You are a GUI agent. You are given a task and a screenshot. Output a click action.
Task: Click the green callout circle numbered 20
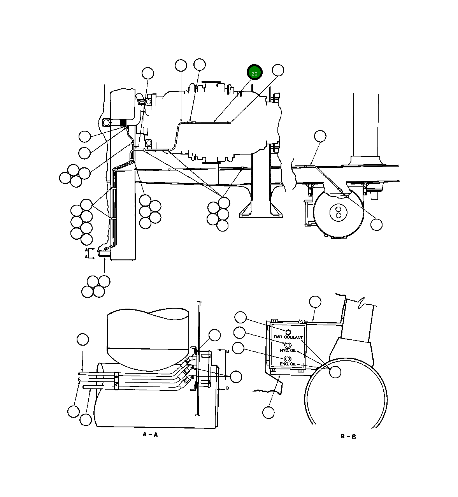255,73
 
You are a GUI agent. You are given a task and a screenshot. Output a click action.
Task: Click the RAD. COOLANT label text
288,337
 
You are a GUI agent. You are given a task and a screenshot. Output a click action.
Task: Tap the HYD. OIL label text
288,351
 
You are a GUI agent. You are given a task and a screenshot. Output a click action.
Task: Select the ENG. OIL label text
288,364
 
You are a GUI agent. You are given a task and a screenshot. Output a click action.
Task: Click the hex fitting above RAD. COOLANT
288,332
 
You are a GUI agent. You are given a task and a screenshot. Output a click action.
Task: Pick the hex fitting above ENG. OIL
287,358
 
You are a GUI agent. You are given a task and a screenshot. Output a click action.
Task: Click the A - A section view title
150,434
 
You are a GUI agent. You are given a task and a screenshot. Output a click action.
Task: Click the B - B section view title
348,436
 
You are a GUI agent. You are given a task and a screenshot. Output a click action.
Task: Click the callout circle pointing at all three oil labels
335,372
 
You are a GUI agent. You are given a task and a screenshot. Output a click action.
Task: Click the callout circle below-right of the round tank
376,225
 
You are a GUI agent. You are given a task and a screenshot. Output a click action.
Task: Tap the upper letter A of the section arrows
86,250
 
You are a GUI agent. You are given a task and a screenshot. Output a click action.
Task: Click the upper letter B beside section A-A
228,351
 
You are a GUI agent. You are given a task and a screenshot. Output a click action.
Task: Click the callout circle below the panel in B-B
268,412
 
